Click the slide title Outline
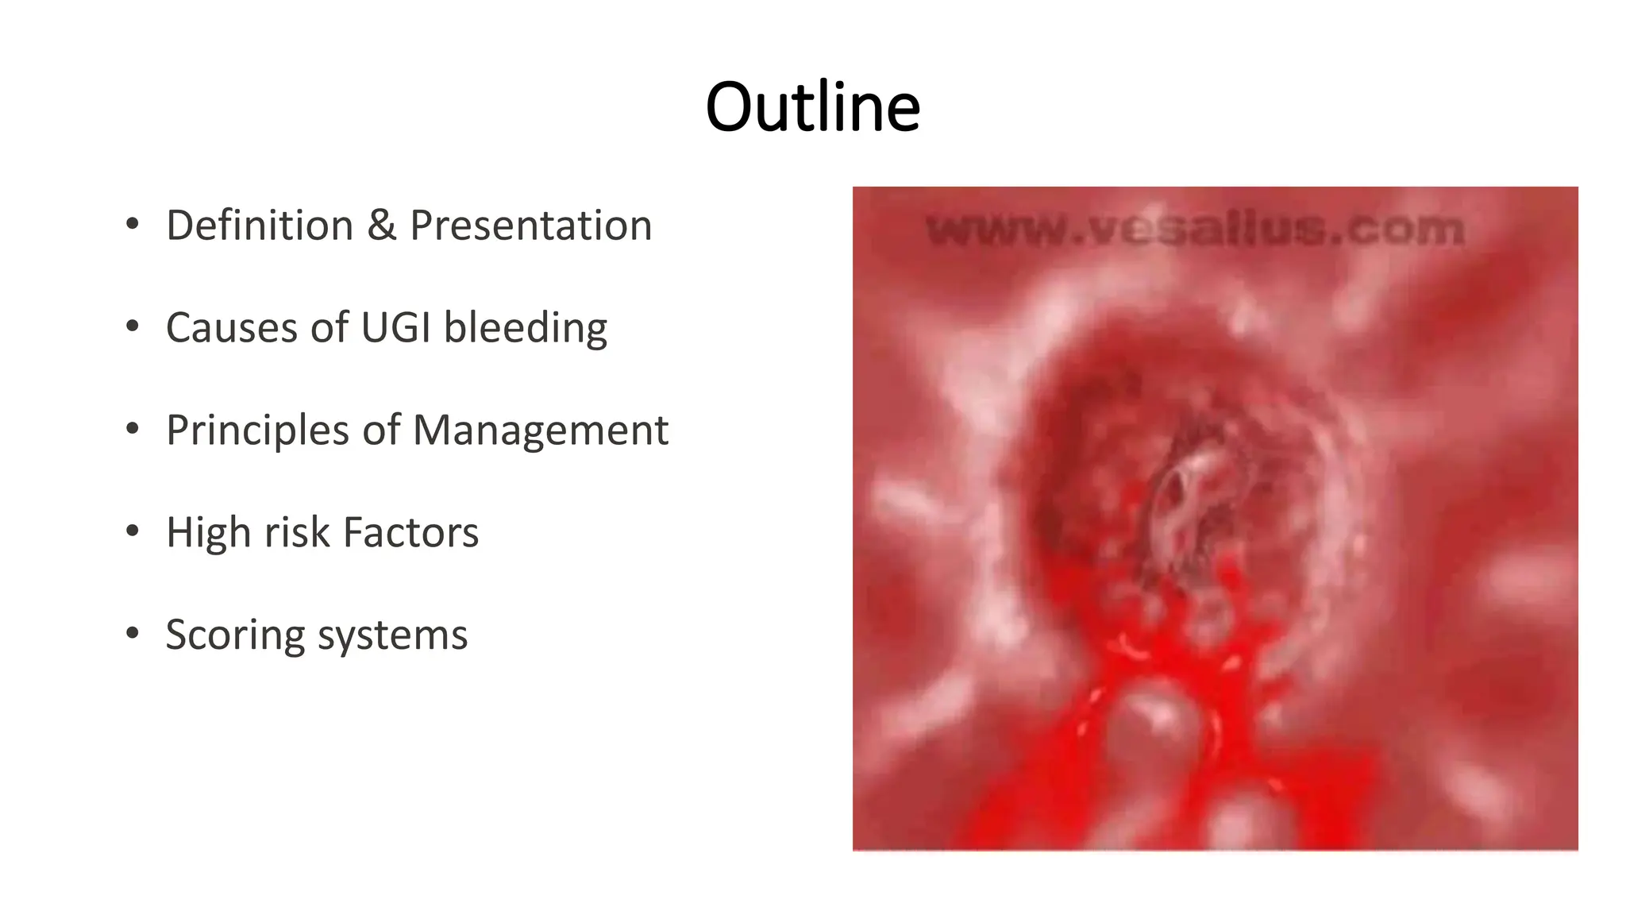tap(812, 107)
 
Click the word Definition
tap(259, 225)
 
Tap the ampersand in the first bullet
tap(381, 225)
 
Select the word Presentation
tap(530, 225)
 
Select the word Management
tap(540, 430)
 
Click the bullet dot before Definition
tap(133, 223)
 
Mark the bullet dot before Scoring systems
tap(133, 633)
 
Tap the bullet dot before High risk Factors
tap(133, 531)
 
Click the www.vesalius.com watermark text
tap(1195, 230)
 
